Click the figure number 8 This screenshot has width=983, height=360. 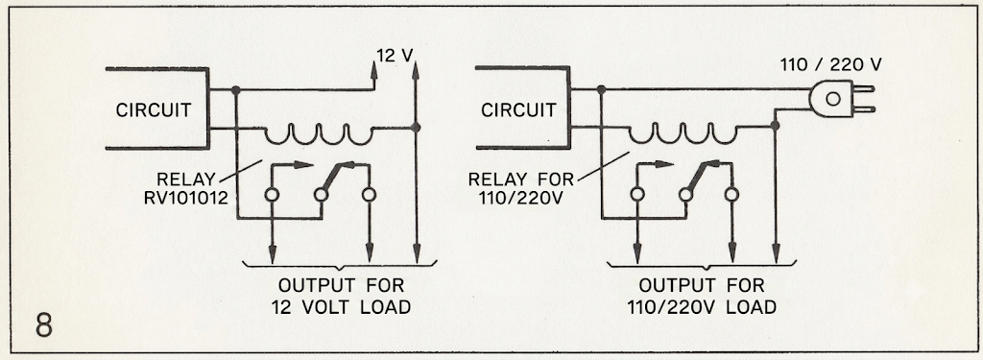tap(43, 326)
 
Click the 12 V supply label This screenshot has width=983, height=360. tap(395, 56)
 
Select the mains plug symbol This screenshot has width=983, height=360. tap(840, 100)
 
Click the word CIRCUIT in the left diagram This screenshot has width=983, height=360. tap(154, 110)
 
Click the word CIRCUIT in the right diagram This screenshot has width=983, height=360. tap(518, 110)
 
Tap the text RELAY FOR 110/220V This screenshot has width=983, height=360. tap(521, 189)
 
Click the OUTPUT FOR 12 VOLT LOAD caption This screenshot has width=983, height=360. tap(342, 297)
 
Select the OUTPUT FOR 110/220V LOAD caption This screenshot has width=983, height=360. tap(702, 297)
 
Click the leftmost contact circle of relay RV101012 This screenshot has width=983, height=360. tap(272, 195)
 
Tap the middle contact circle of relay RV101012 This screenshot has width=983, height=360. tap(321, 195)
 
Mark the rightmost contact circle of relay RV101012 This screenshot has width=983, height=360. tap(370, 195)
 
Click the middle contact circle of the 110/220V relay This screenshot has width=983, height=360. tap(685, 195)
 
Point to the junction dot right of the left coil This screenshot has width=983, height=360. tap(415, 128)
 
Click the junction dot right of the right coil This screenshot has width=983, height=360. tap(775, 126)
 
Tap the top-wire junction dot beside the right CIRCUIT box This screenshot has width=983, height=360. tap(601, 89)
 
